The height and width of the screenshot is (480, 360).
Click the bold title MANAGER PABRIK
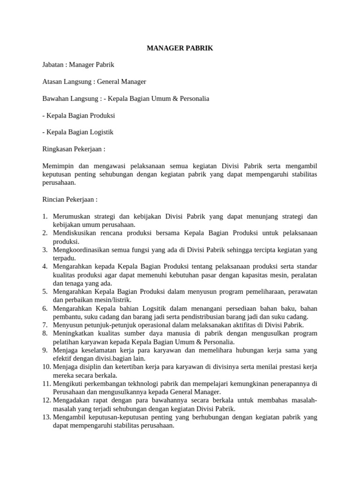click(180, 48)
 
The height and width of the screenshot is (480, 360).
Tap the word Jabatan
click(53, 65)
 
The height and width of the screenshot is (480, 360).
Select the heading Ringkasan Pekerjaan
click(74, 149)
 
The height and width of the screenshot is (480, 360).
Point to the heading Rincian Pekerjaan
click(70, 199)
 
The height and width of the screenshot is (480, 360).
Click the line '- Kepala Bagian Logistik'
click(78, 132)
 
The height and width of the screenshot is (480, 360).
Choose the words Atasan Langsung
click(67, 82)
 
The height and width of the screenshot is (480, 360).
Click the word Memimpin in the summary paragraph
click(58, 166)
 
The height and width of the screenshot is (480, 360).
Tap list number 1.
click(45, 216)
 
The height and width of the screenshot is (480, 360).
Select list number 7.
click(45, 324)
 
